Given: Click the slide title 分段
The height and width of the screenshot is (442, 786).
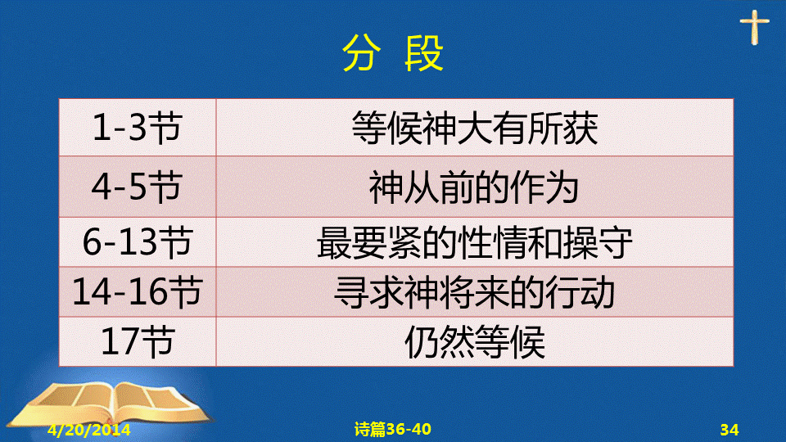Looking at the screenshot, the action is point(393,53).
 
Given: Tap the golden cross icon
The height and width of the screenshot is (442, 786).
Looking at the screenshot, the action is point(754,27).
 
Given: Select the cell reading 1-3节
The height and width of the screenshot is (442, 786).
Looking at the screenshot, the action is point(138,128).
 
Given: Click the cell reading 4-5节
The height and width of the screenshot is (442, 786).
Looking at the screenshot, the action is point(138,187).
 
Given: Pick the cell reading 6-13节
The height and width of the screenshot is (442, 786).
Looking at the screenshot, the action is point(138,241).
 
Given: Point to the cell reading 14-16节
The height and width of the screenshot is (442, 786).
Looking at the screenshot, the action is point(138,291).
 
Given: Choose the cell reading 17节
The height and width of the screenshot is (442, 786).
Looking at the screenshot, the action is point(138,341).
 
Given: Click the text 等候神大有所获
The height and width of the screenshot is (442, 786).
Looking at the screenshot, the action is point(474,129).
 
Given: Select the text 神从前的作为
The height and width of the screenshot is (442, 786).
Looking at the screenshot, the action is point(474,187).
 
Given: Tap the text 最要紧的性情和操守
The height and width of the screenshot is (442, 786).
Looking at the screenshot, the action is point(474,242).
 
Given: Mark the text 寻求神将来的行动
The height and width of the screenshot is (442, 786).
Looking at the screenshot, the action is point(474,292).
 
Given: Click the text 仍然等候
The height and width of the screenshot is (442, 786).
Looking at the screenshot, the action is point(474,342).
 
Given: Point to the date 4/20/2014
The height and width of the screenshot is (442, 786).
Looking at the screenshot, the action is point(89,430).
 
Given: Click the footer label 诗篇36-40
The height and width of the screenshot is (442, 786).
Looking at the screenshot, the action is point(392,429).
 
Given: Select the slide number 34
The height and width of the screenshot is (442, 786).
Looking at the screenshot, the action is point(730,430).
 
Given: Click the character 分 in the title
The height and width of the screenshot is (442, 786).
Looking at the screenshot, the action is point(360,53).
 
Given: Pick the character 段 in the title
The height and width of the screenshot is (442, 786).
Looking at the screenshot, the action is point(425,53).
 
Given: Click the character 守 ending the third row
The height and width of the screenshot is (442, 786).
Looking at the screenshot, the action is point(615,242).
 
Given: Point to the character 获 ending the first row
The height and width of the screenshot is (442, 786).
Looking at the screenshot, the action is point(580,129).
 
